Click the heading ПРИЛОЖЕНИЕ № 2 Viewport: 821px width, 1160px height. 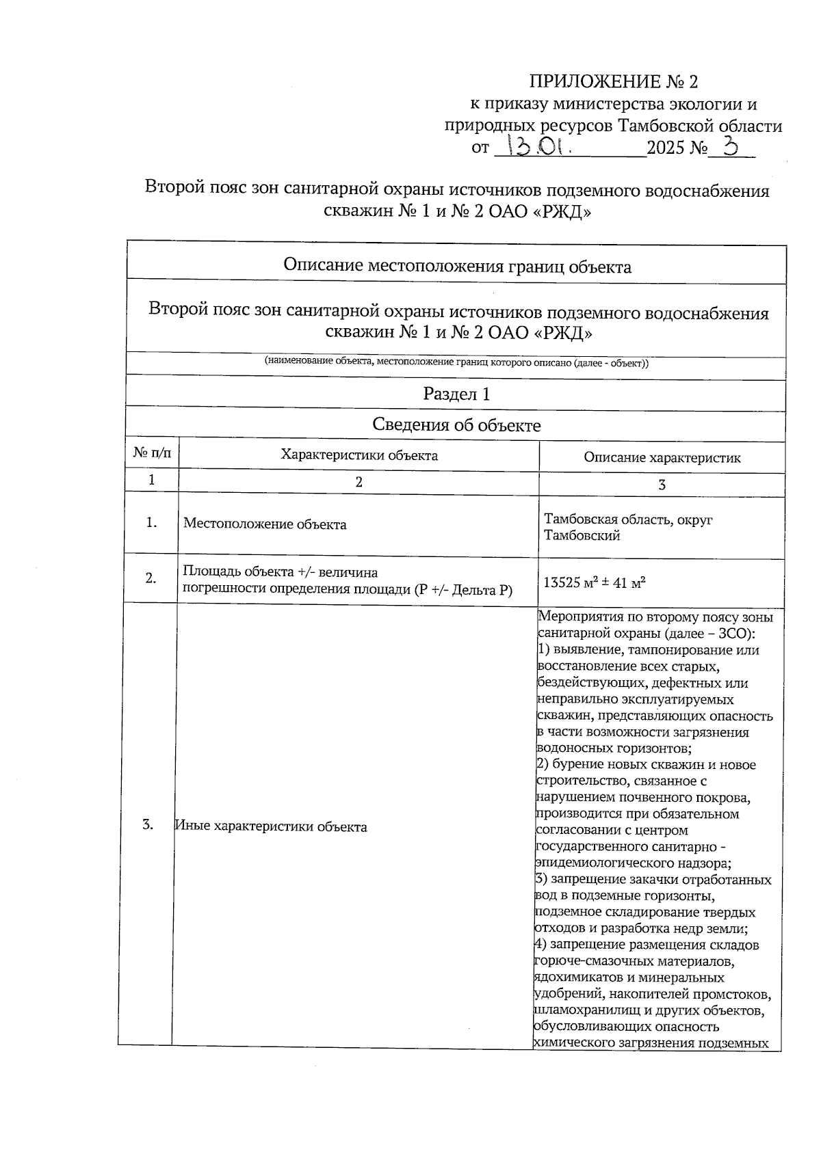coord(614,82)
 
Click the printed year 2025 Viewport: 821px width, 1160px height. coord(666,147)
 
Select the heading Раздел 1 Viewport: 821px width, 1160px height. coord(456,394)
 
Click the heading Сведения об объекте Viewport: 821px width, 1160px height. coord(456,425)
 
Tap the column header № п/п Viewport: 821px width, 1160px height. coord(153,454)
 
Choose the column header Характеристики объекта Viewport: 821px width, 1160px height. coord(359,455)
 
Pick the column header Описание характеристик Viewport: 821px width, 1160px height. coord(662,458)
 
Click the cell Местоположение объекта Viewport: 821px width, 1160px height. coord(265,524)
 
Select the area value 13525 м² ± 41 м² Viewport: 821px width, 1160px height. coord(595,583)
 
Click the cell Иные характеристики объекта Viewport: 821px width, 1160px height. coord(271,826)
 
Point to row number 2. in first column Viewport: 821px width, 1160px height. coord(151,578)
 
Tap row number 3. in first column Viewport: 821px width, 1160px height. coord(148,824)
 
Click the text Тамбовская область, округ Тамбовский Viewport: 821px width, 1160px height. coord(627,527)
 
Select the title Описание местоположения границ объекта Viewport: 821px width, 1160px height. coord(457,267)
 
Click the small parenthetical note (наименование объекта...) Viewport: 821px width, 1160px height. coord(456,363)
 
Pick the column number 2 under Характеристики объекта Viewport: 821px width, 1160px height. coord(359,482)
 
